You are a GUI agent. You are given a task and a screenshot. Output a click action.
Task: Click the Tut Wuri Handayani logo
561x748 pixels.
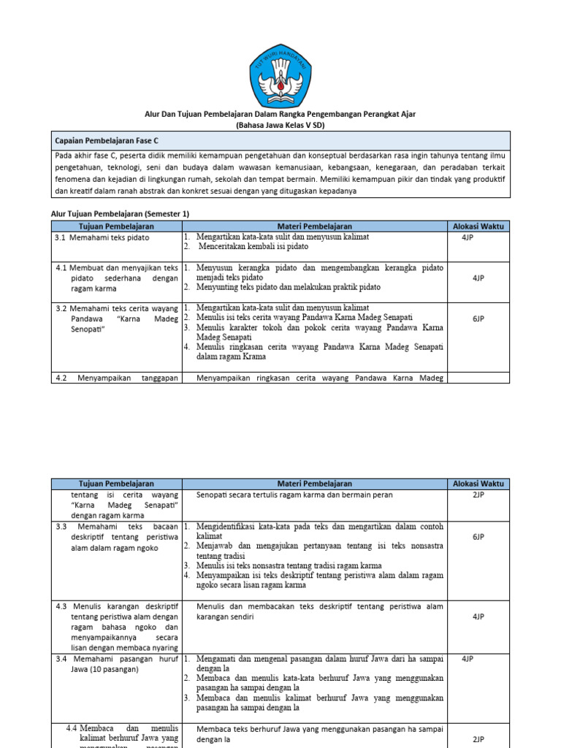[280, 75]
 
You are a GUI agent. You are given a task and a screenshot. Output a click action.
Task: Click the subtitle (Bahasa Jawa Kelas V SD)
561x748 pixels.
[280, 125]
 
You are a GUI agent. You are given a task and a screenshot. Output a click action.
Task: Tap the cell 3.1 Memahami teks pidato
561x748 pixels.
[102, 237]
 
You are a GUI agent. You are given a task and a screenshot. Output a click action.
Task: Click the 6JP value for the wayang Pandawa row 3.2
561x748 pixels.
[478, 318]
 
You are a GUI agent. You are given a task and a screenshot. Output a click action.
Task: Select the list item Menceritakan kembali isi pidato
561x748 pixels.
[253, 247]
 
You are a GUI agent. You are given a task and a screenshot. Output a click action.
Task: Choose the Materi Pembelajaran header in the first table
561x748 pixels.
[315, 226]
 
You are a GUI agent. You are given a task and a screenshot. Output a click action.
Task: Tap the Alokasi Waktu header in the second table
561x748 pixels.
[478, 484]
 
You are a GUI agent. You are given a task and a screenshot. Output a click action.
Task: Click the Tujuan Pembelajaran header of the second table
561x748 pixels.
[116, 484]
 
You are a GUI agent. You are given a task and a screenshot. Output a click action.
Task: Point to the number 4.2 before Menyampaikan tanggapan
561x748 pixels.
[61, 378]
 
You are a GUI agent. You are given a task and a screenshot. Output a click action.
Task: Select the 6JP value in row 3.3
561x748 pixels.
[478, 537]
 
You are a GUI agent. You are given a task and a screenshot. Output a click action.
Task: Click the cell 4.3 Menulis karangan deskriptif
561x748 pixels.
[117, 606]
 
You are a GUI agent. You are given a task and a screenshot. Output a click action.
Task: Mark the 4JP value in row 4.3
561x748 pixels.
[478, 617]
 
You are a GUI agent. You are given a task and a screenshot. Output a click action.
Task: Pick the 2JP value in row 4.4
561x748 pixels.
[478, 739]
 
